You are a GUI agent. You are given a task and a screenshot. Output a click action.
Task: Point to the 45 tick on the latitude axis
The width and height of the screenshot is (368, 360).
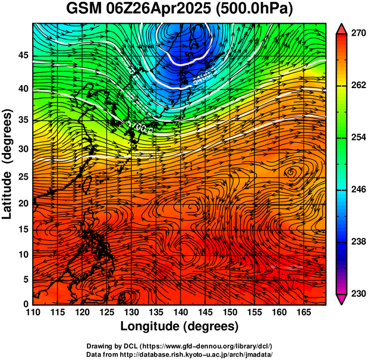(21, 55)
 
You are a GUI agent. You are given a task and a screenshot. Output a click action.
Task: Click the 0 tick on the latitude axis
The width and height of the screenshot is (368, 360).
(25, 304)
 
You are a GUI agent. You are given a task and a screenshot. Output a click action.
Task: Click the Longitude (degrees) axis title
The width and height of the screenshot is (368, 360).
(180, 327)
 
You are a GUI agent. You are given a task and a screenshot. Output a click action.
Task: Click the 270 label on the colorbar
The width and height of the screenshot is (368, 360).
(356, 34)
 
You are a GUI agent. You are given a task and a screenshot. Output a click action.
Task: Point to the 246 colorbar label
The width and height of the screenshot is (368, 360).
(356, 190)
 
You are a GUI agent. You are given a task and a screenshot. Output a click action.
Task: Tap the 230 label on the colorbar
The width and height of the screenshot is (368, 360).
(356, 293)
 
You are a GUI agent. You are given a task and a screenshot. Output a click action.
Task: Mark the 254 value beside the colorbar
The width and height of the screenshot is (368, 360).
(356, 137)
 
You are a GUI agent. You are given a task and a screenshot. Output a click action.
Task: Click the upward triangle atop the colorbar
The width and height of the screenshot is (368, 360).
(342, 29)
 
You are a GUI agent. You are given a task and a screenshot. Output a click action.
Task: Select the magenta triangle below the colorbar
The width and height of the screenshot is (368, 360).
(342, 299)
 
